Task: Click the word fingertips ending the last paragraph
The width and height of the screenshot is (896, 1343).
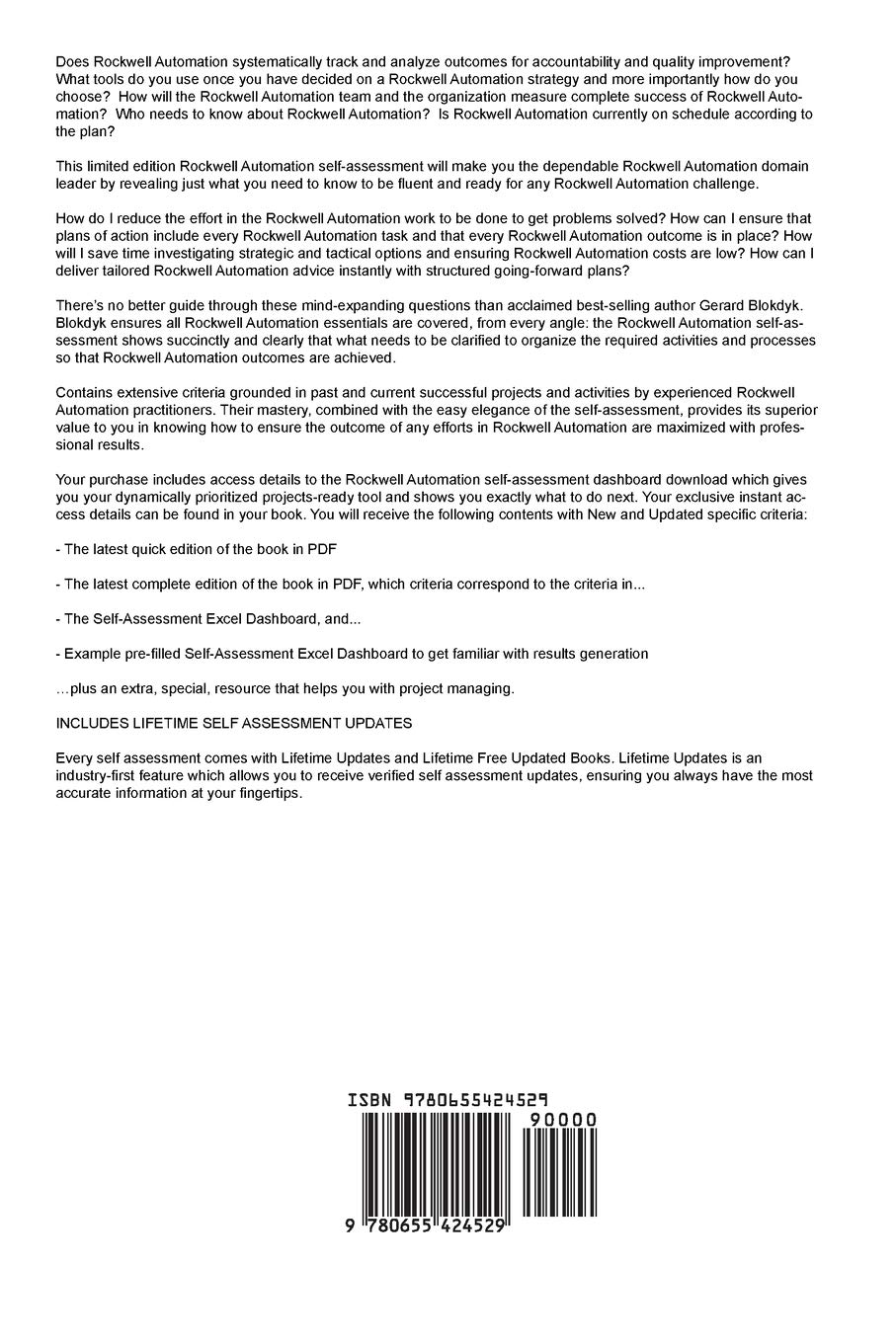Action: tap(266, 794)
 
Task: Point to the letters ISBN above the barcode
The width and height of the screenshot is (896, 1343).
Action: tap(369, 1100)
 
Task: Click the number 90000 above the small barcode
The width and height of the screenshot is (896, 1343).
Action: tap(563, 1119)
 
